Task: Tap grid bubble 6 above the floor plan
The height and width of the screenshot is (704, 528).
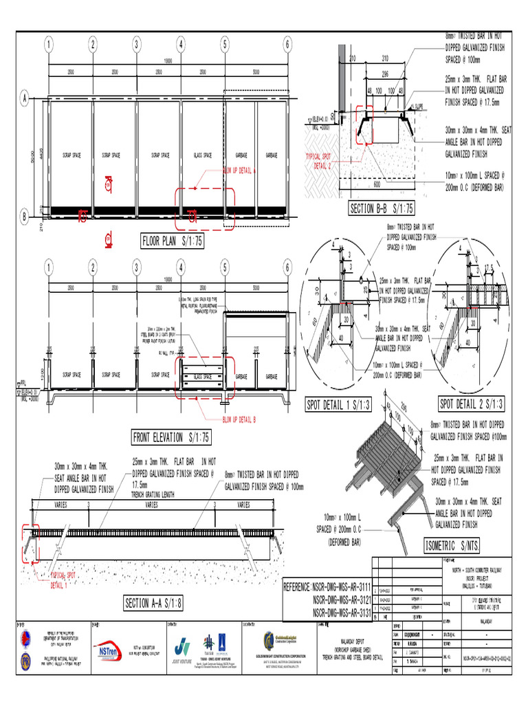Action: [x=287, y=45]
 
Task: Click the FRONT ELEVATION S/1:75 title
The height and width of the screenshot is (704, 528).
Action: [x=172, y=437]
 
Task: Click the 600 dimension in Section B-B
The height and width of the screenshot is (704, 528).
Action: [x=376, y=184]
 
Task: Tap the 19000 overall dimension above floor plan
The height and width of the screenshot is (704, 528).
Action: [x=167, y=60]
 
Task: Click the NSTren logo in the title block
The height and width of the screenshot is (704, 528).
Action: [x=110, y=650]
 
